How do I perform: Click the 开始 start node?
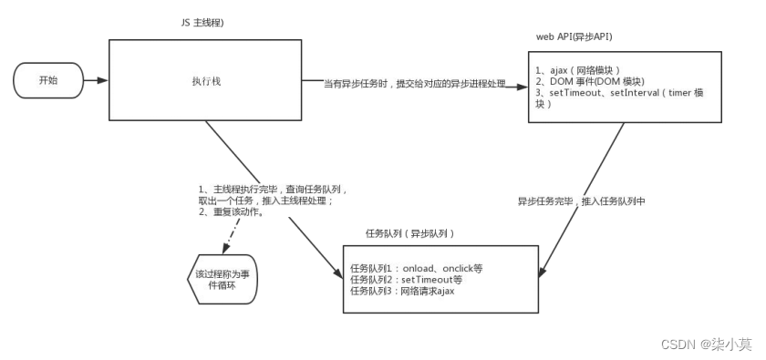pos(47,81)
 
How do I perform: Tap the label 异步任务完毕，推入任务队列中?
pos(581,201)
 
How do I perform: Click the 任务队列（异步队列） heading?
pos(409,233)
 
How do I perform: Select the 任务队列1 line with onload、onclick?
pos(416,268)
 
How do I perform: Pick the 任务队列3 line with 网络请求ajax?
pos(402,291)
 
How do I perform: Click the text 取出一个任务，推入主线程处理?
pos(270,200)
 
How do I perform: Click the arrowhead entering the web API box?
pos(524,88)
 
